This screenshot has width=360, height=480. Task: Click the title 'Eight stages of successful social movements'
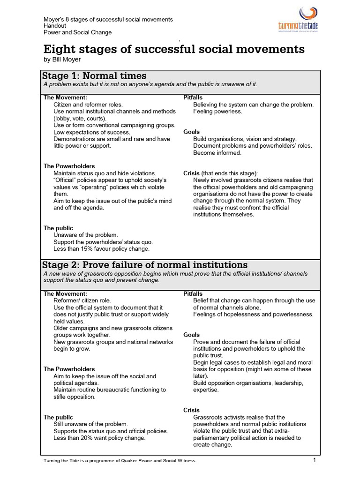[x=174, y=49]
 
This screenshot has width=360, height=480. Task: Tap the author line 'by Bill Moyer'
[x=62, y=60]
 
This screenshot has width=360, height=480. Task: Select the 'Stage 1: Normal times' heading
[x=94, y=75]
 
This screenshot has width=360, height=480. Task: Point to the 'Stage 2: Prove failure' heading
[x=145, y=265]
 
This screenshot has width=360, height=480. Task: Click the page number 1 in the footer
[x=315, y=460]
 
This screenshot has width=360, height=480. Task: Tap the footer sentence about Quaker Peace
[x=120, y=461]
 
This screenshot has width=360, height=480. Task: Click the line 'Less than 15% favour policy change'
[x=101, y=249]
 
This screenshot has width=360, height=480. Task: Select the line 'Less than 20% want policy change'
[x=99, y=438]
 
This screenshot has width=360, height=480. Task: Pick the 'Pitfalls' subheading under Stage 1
[x=193, y=97]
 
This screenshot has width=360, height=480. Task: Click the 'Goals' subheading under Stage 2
[x=191, y=335]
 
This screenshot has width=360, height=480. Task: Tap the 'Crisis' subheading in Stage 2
[x=191, y=410]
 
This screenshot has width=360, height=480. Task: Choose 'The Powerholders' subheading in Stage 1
[x=69, y=166]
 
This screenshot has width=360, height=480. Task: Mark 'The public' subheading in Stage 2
[x=58, y=417]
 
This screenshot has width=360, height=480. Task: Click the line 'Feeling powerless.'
[x=217, y=112]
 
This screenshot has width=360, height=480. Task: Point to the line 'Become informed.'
[x=217, y=153]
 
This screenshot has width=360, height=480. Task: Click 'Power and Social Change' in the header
[x=77, y=33]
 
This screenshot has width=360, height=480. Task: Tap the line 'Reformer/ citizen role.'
[x=82, y=300]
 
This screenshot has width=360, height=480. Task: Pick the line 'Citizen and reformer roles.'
[x=88, y=105]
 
